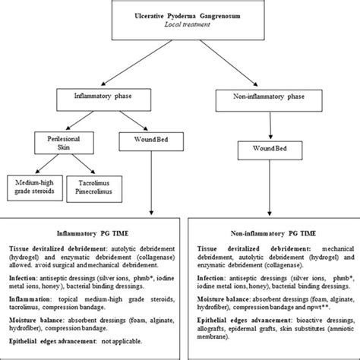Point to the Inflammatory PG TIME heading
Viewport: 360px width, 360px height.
pos(91,235)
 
